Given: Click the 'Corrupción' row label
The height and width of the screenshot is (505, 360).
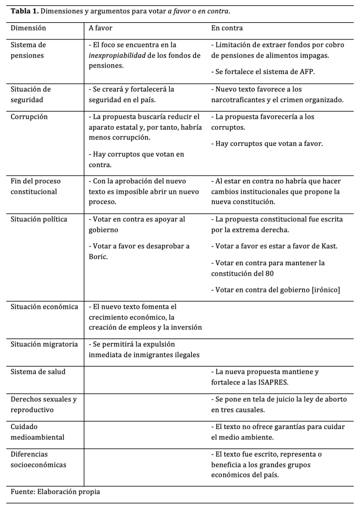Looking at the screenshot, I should point(29,117).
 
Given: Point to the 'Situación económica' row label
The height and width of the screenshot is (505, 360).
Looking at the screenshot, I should point(44,307).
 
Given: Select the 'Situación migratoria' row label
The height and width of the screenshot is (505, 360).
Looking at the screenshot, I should point(44,344).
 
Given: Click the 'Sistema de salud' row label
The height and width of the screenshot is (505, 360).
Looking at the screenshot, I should point(37,372).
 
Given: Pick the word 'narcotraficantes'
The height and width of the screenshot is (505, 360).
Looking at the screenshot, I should point(238,100).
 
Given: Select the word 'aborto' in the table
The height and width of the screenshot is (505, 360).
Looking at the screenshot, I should point(335,399).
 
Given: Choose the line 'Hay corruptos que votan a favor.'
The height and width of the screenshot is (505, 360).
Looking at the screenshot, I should point(267,144).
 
